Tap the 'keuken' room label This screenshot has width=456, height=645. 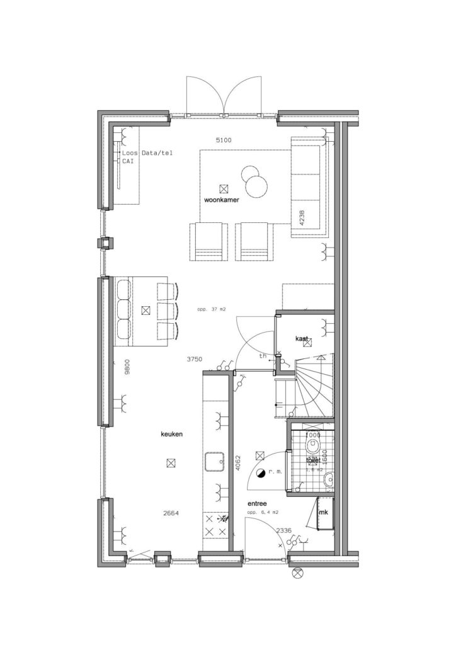click(x=172, y=434)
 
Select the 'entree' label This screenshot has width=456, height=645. click(x=258, y=503)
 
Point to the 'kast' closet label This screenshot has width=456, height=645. click(x=302, y=340)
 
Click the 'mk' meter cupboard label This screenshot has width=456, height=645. click(x=324, y=512)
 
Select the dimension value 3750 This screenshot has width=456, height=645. click(x=195, y=359)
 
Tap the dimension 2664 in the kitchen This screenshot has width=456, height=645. click(x=171, y=513)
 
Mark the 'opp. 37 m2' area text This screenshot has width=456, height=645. click(x=211, y=309)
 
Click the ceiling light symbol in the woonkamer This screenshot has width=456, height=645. click(x=223, y=188)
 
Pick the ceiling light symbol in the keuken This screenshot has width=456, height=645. click(x=171, y=463)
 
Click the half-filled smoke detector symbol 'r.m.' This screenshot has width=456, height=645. click(x=260, y=471)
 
